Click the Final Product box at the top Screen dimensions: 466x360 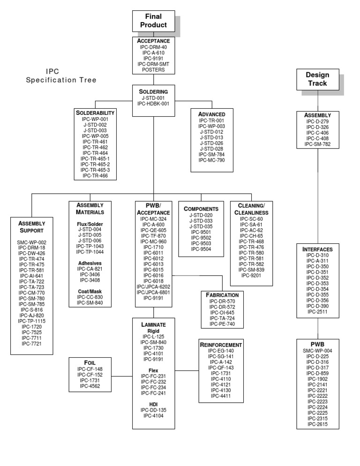[x=153, y=21]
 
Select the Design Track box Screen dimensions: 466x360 [x=317, y=79]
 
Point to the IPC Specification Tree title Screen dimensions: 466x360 [x=61, y=75]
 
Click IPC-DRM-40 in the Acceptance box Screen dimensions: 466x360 [x=153, y=47]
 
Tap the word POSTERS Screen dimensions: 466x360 [x=153, y=70]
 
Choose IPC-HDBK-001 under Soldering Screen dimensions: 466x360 [x=153, y=104]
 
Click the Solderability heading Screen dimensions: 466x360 [x=95, y=113]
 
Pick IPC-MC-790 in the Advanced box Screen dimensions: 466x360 [x=211, y=160]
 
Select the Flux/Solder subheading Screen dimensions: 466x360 [x=90, y=224]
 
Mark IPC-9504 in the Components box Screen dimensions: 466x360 [x=201, y=248]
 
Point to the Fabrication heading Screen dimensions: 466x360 [x=222, y=295]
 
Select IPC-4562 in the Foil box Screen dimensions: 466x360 [x=90, y=386]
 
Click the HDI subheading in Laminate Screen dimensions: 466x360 [x=153, y=404]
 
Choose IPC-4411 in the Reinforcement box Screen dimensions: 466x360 [x=220, y=396]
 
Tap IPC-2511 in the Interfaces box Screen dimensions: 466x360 [x=318, y=311]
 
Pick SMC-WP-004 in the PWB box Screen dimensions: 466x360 [x=317, y=350]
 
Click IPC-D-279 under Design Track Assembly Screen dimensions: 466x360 [x=317, y=121]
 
